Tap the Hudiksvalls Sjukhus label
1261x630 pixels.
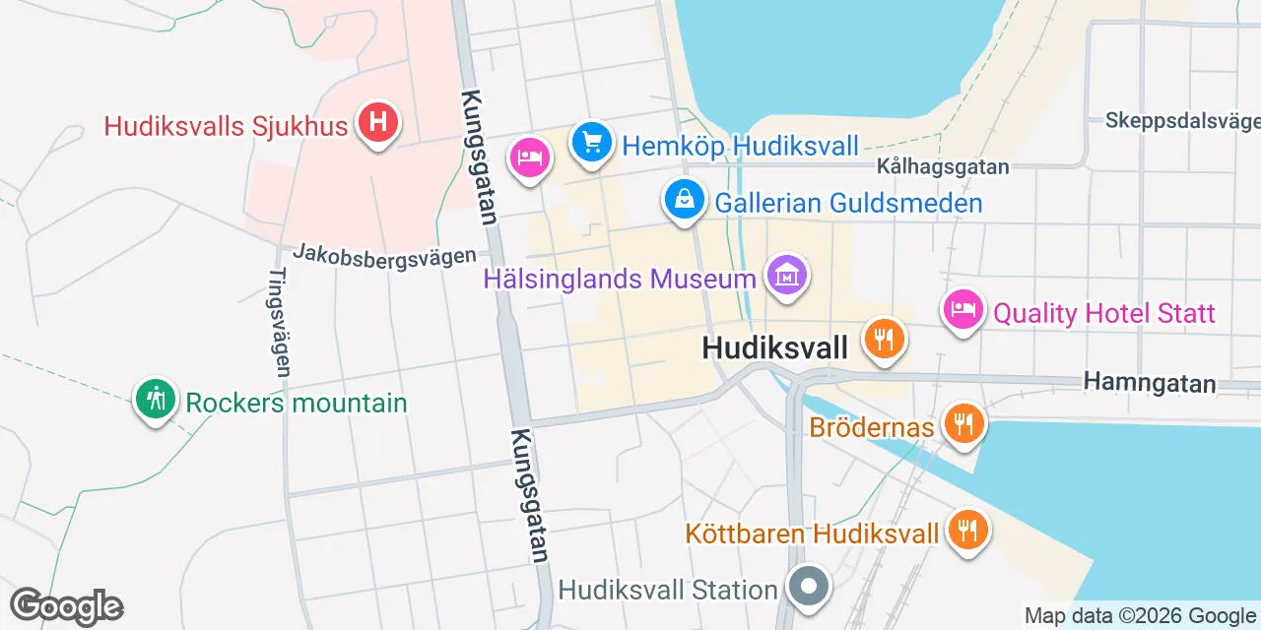tap(227, 127)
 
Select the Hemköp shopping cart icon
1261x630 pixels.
tap(591, 144)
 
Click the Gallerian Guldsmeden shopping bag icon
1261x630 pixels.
tap(684, 200)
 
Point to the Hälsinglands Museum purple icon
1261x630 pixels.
tap(787, 276)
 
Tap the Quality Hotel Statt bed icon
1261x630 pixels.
tap(963, 310)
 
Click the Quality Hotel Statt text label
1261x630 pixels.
tap(1104, 314)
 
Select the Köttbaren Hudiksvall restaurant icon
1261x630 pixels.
tap(967, 531)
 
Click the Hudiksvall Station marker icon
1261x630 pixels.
tap(809, 588)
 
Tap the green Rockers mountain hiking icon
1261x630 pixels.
tap(156, 400)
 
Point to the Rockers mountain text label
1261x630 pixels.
tap(297, 403)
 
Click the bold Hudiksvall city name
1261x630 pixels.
tap(774, 347)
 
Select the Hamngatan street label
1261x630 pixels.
tap(1149, 382)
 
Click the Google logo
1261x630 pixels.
tap(66, 607)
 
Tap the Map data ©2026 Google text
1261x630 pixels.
tap(1141, 617)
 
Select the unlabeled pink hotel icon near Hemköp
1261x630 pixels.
tap(530, 157)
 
